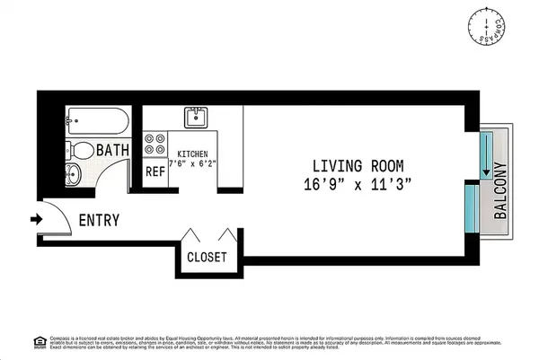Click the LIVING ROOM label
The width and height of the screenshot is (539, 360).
(x=358, y=166)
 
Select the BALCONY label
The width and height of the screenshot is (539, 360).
(x=501, y=185)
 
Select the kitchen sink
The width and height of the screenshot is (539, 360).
(x=195, y=118)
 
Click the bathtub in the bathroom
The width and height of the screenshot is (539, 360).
(x=99, y=120)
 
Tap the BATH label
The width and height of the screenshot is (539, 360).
(x=113, y=151)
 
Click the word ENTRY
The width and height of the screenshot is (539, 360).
(x=100, y=220)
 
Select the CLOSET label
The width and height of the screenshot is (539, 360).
(x=207, y=257)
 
